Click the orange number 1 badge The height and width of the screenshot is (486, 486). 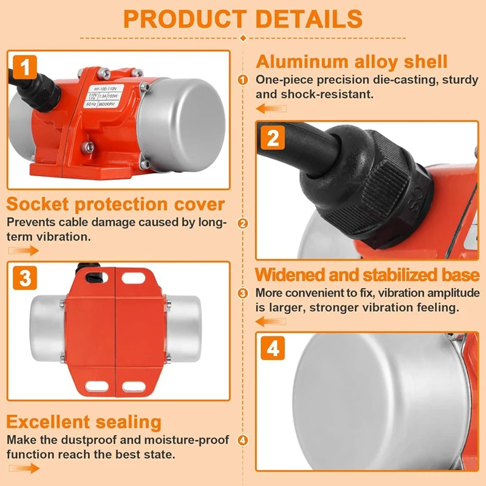pyautogui.click(x=25, y=66)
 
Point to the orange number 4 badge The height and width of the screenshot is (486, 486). pyautogui.click(x=273, y=349)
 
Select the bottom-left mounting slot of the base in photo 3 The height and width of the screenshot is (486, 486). pyautogui.click(x=97, y=386)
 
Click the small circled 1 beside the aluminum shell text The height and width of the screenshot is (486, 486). pyautogui.click(x=243, y=80)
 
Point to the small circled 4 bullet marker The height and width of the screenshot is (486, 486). pyautogui.click(x=243, y=440)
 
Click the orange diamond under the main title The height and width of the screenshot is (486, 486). pyautogui.click(x=243, y=38)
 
